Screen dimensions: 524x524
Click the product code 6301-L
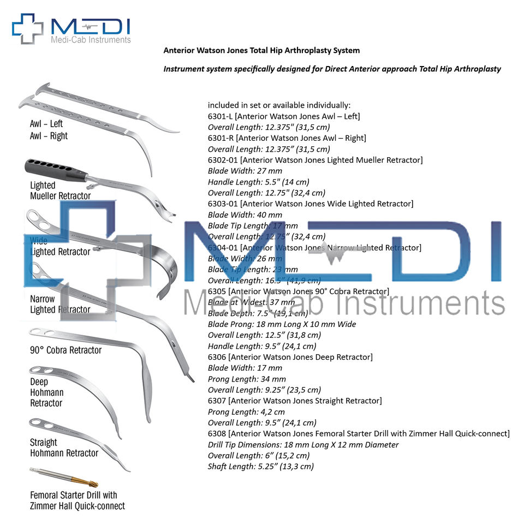(221, 116)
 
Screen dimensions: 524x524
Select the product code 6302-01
(223, 160)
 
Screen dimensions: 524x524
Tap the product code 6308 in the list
(217, 433)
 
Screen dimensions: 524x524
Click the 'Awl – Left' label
(46, 124)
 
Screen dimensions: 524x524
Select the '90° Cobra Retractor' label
(66, 350)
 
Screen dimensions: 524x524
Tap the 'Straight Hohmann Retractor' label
(64, 448)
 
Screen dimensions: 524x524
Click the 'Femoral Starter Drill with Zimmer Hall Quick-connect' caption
(77, 501)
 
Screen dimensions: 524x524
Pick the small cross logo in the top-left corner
(27, 28)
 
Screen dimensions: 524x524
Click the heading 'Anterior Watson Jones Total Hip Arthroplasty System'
(261, 50)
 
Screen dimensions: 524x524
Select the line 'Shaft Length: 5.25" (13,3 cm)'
(261, 466)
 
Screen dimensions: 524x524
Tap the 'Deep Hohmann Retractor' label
(46, 392)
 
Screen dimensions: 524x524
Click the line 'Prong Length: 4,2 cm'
(246, 412)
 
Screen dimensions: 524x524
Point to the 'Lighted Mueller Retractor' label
(60, 190)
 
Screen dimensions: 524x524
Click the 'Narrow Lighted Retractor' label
(59, 304)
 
